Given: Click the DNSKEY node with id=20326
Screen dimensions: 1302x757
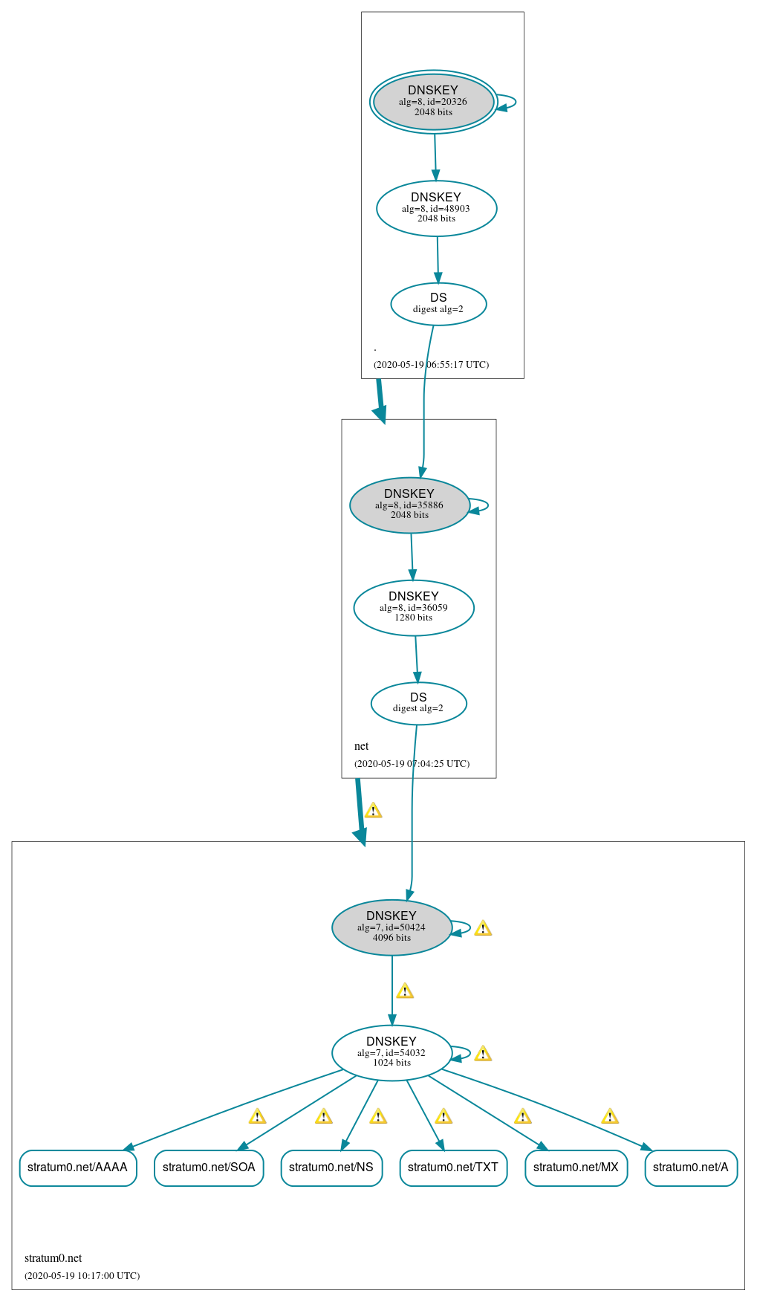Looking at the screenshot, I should (x=433, y=102).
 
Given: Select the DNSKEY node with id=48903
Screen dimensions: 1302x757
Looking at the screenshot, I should (x=436, y=208).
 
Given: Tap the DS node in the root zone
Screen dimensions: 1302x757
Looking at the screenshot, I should (x=438, y=304).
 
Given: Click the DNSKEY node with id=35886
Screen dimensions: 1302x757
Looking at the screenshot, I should (x=409, y=505).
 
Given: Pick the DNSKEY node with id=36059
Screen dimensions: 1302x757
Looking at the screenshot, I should (x=413, y=607).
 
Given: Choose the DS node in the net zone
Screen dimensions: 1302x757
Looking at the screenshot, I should (x=418, y=703).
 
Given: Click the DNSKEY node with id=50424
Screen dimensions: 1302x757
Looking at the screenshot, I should (x=392, y=927).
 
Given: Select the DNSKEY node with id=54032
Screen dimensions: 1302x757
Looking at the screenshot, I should (x=392, y=1052).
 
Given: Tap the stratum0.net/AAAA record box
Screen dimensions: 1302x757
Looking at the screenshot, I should (x=78, y=1167).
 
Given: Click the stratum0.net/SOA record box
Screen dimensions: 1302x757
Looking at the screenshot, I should (x=209, y=1167).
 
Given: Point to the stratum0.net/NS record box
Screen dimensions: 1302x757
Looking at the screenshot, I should (x=331, y=1167).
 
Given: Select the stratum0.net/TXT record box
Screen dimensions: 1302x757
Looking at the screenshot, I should (x=453, y=1167).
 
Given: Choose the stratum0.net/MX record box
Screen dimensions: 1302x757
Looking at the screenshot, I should (x=576, y=1167).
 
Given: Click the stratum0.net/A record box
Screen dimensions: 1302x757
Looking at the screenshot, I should (x=691, y=1167).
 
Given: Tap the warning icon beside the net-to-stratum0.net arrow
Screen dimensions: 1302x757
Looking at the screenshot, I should (x=373, y=811).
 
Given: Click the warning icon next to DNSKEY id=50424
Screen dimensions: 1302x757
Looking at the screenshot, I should (x=483, y=928).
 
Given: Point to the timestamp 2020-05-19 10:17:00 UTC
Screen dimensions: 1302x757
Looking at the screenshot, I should (x=82, y=1275).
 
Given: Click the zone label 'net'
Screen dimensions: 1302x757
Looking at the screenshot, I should (x=362, y=746).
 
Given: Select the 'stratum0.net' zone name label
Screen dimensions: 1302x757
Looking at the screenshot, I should (x=53, y=1258).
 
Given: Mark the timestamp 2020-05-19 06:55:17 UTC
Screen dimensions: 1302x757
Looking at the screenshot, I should (x=431, y=365).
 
